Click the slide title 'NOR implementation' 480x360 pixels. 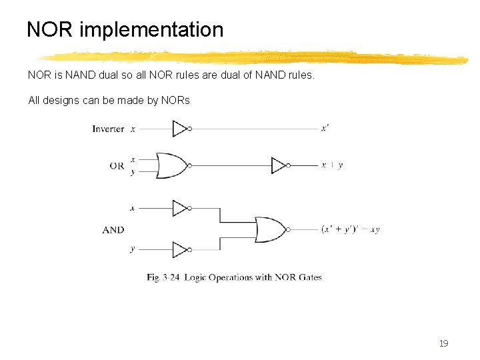(125, 30)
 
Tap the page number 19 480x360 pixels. (443, 344)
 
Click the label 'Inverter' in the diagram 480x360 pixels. (108, 129)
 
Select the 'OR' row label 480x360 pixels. (117, 166)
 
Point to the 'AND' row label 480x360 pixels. (113, 230)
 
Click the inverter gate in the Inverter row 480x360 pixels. (181, 129)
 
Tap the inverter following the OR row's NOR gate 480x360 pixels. (279, 165)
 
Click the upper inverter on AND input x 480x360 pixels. (181, 208)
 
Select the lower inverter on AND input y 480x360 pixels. (181, 249)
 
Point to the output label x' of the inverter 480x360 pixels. (324, 128)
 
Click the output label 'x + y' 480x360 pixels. (332, 165)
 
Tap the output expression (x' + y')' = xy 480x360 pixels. (350, 229)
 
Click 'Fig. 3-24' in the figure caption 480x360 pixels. (163, 277)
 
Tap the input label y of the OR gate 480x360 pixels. (133, 172)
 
